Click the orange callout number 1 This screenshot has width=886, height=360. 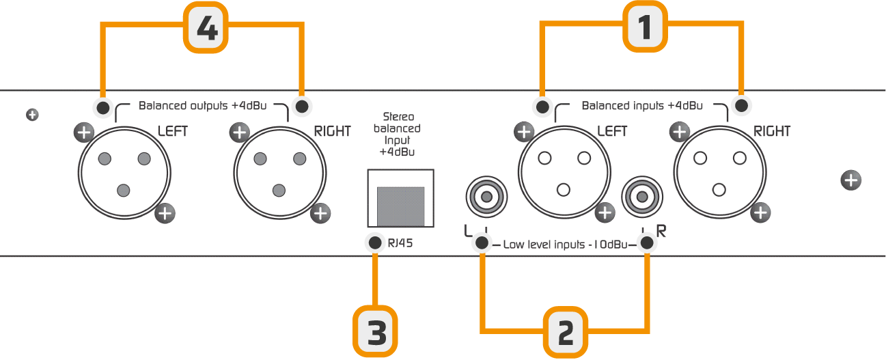[645, 27]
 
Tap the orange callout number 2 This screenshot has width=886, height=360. [566, 332]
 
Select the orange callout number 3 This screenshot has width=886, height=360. [375, 331]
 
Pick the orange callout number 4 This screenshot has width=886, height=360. [206, 28]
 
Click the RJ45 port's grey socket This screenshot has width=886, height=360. [401, 206]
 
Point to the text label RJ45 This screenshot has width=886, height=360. [400, 243]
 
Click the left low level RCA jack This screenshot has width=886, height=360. [486, 197]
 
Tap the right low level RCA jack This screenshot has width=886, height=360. [642, 197]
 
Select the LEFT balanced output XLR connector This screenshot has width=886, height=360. [124, 173]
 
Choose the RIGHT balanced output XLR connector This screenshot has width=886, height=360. [280, 173]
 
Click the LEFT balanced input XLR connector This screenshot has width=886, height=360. [564, 172]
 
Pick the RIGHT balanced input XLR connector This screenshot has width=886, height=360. [720, 172]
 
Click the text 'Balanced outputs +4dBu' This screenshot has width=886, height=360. [202, 106]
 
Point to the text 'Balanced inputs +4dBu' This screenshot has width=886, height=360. [642, 106]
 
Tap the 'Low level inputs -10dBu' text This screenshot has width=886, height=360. [565, 245]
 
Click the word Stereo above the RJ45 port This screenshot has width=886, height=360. [399, 117]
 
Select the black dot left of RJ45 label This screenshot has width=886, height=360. [375, 243]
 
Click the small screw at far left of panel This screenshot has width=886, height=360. [32, 115]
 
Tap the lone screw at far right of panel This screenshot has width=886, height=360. [850, 180]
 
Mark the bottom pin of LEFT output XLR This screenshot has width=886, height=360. [124, 191]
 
